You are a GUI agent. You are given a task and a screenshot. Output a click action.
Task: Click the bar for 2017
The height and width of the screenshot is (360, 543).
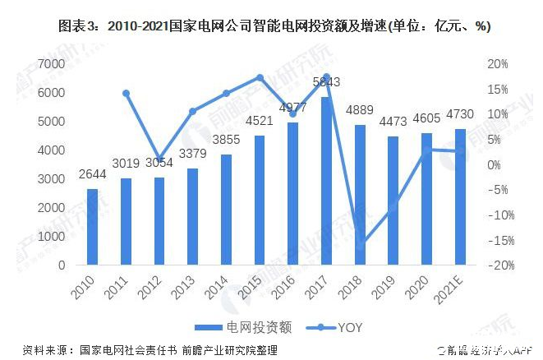point(326,181)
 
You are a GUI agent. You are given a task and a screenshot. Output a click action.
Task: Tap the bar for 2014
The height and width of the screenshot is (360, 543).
point(226,210)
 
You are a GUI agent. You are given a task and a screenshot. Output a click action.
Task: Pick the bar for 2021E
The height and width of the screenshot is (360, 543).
point(459,196)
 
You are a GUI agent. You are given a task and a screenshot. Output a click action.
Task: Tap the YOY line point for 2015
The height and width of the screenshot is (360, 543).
point(260,78)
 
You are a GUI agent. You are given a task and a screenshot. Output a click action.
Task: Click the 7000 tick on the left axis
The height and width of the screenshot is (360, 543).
point(51,64)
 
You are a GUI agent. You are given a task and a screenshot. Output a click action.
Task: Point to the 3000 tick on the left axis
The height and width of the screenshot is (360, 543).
point(51,179)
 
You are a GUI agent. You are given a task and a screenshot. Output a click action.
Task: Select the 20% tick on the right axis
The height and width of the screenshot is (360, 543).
point(497,64)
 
